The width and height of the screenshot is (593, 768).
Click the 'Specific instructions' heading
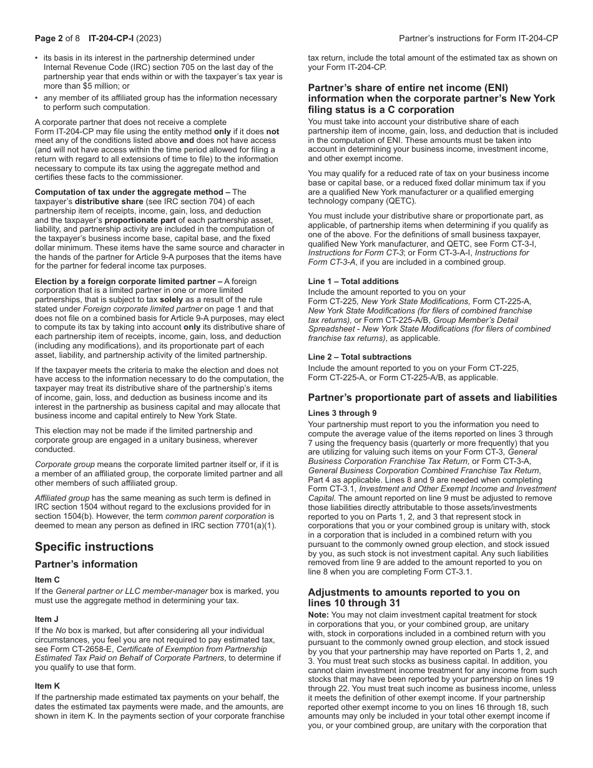94,547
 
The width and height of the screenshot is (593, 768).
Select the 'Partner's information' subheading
86,564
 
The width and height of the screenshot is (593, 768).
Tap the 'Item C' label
47,580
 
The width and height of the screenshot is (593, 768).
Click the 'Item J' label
47,619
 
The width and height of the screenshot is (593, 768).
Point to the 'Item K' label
47,686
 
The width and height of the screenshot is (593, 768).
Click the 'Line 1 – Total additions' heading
353,282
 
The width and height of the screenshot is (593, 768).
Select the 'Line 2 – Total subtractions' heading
360,357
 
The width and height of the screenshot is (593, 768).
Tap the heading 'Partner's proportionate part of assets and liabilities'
433,398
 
